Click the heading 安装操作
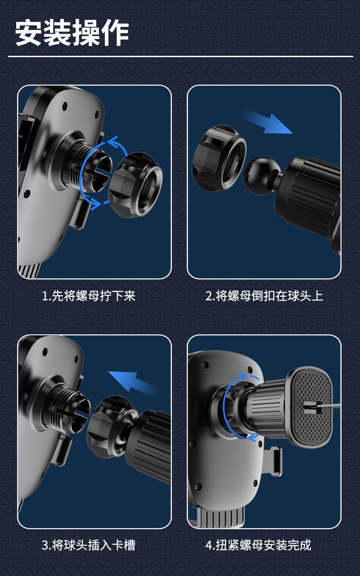[x=72, y=34]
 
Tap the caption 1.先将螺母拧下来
[x=89, y=296]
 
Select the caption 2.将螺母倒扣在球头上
[x=264, y=296]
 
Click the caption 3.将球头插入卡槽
[x=89, y=545]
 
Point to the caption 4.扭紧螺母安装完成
[x=258, y=545]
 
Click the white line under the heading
[x=180, y=57]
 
